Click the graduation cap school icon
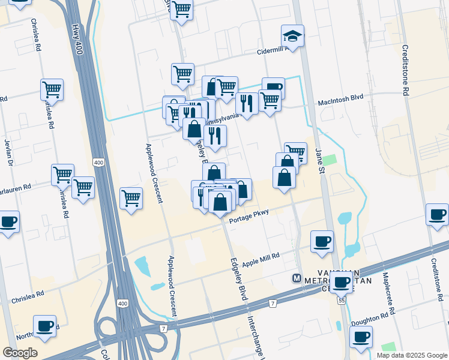[x=292, y=36]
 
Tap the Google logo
[x=20, y=353]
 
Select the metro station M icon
[x=297, y=278]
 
